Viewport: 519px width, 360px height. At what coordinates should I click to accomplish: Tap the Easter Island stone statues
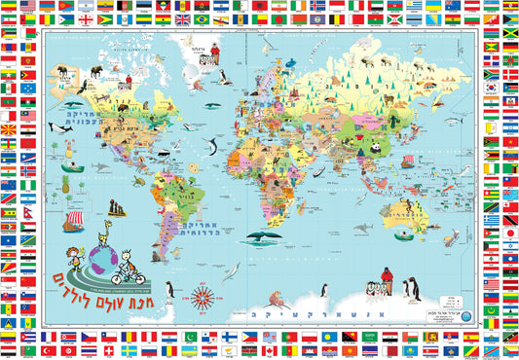[x=116, y=208]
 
